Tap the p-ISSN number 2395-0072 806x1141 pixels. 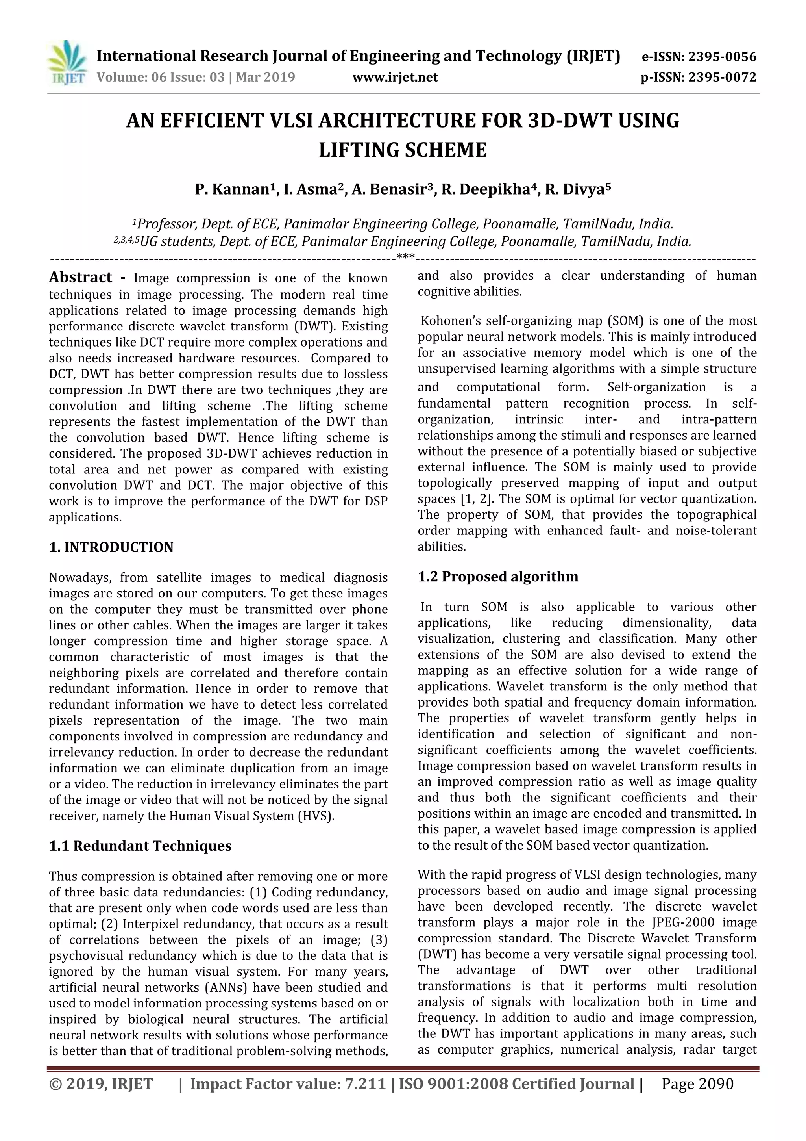click(x=722, y=78)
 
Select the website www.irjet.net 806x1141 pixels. click(x=395, y=78)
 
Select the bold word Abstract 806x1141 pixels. click(x=80, y=277)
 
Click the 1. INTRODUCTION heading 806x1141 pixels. click(x=111, y=547)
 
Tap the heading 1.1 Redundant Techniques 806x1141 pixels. click(x=140, y=846)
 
